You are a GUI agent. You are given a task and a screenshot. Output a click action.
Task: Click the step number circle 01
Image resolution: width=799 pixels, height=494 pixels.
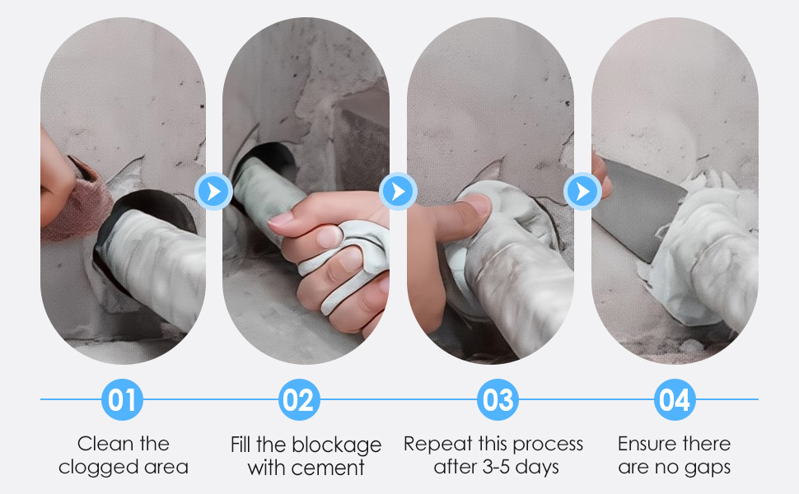(123, 401)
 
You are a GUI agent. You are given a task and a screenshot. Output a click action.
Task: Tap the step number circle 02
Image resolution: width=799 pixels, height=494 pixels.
(299, 401)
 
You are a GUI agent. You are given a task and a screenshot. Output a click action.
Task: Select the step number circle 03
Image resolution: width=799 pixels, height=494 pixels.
(498, 401)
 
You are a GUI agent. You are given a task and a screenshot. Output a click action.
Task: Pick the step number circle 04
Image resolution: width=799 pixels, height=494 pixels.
(675, 401)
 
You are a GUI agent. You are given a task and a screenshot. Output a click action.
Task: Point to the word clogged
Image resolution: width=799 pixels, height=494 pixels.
(94, 468)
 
